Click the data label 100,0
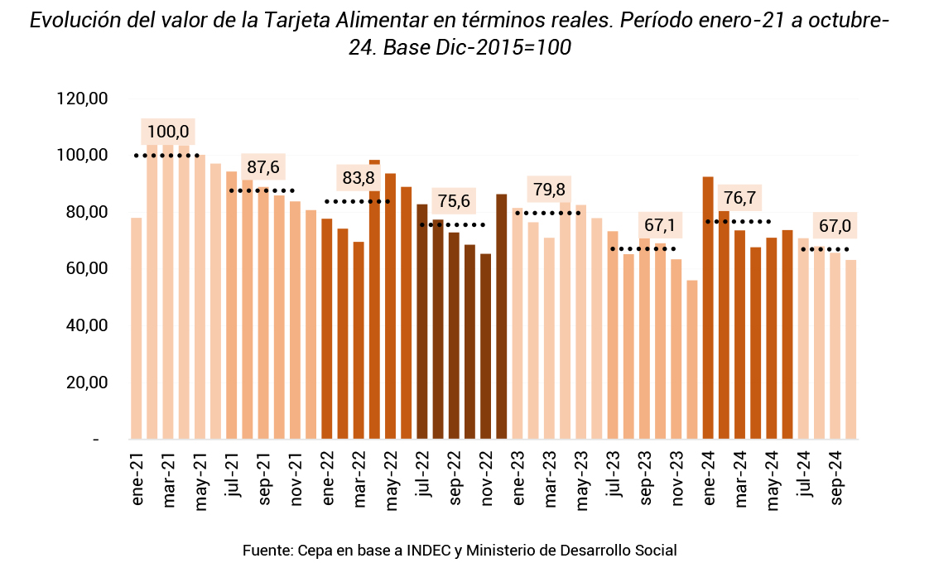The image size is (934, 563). (168, 132)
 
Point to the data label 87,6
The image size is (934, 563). (263, 166)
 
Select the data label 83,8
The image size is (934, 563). (359, 177)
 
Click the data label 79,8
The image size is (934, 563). (549, 190)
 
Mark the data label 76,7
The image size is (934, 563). (739, 198)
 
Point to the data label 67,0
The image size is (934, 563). (835, 226)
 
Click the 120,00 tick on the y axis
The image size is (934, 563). (83, 99)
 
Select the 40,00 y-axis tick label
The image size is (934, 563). (83, 325)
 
